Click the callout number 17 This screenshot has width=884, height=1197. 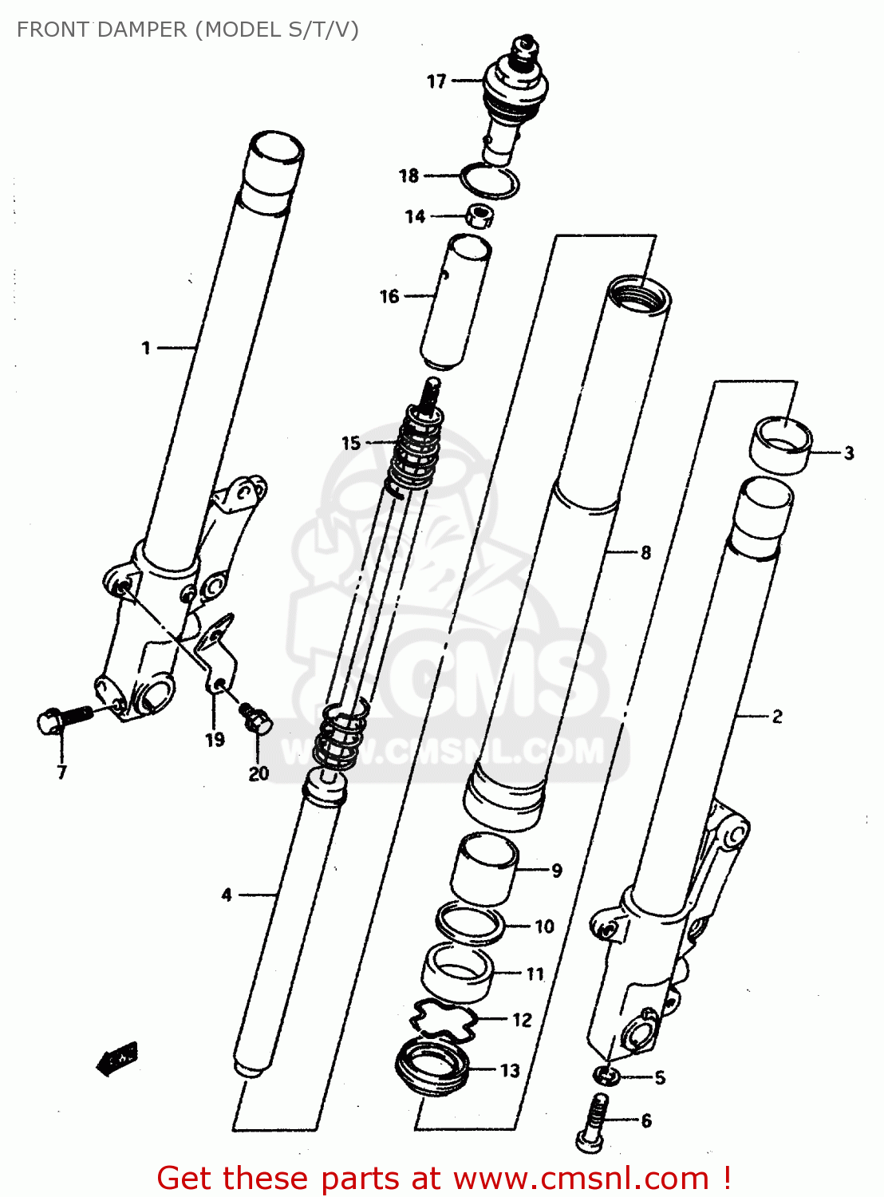[x=436, y=81]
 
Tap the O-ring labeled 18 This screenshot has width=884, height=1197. [x=489, y=181]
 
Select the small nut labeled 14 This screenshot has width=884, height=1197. [x=479, y=216]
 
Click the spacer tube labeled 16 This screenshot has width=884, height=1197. [x=456, y=302]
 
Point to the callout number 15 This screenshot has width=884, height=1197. [x=351, y=443]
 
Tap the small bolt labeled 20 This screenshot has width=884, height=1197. [x=256, y=717]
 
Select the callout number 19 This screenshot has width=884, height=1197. [x=215, y=740]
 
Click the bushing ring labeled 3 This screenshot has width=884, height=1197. [x=780, y=444]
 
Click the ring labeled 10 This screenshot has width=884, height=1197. [x=471, y=924]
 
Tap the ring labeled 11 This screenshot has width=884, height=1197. [x=456, y=972]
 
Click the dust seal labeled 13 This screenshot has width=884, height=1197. [x=432, y=1069]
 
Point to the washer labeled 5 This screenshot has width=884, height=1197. [x=606, y=1077]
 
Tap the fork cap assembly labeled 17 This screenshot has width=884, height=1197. [x=515, y=96]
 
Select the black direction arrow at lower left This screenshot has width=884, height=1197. [x=116, y=1060]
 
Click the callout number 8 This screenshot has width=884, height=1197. [x=645, y=552]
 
